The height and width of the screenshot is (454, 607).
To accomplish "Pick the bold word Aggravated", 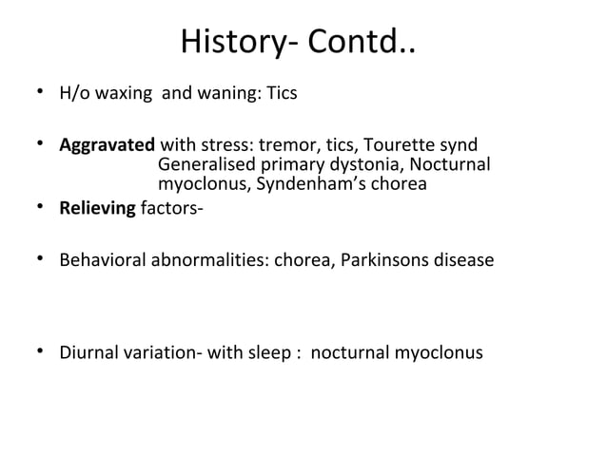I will (107, 147).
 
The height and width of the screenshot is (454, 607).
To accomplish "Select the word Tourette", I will (400, 147).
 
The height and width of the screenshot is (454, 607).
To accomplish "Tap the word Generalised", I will (200, 165).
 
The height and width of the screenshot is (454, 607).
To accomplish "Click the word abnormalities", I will (206, 258).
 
